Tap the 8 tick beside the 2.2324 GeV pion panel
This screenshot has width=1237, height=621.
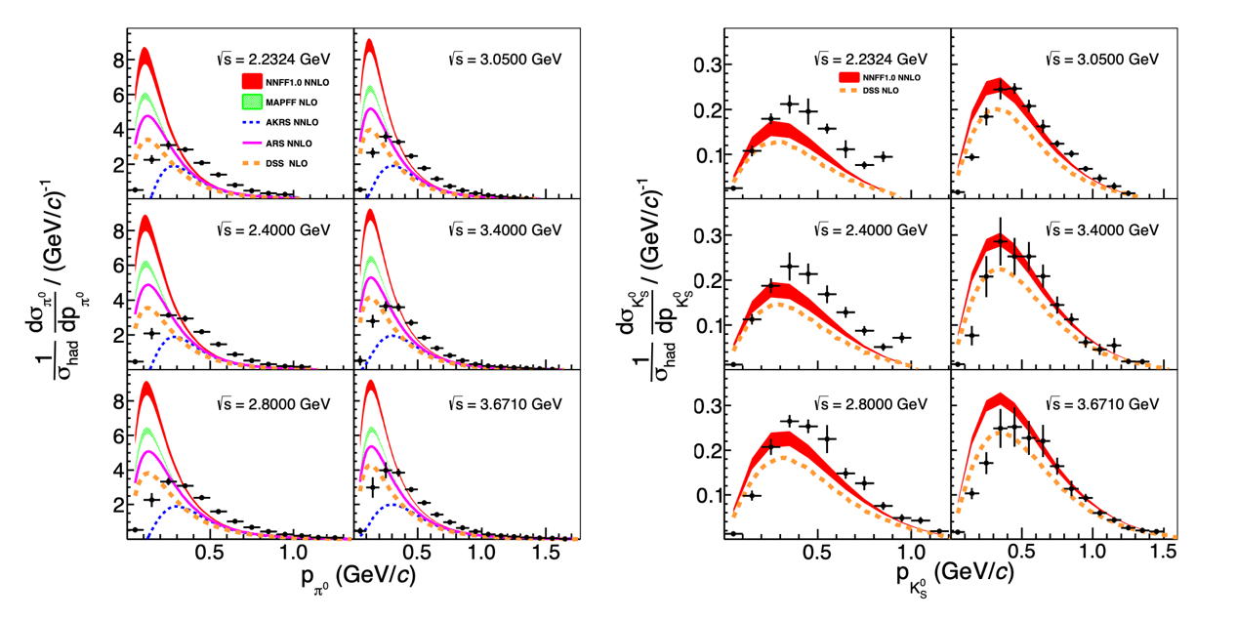point(116,59)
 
